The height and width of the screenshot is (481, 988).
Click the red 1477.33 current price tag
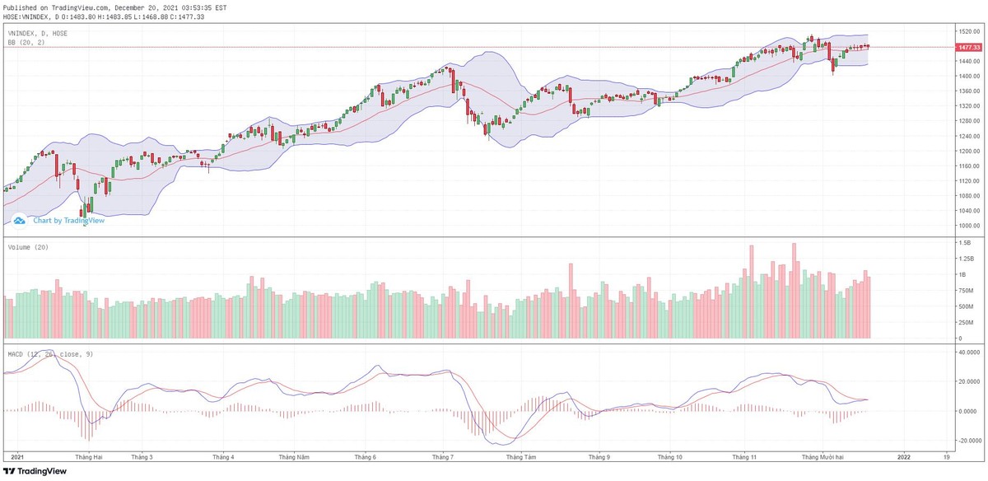[x=968, y=48]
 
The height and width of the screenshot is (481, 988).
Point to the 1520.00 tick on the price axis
[x=968, y=31]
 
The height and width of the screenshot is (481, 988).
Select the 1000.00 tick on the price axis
[x=968, y=226]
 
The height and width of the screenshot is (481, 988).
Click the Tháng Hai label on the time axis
[x=88, y=455]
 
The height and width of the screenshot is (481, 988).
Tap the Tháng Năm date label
[x=294, y=455]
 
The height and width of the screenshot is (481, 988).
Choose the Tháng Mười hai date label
[x=821, y=455]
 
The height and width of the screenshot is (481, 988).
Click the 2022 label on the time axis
[x=904, y=455]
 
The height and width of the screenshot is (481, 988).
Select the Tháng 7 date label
[x=443, y=455]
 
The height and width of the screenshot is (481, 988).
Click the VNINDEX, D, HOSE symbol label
[x=38, y=33]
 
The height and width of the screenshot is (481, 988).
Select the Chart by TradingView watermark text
[x=68, y=220]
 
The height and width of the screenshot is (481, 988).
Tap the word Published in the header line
[x=21, y=7]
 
